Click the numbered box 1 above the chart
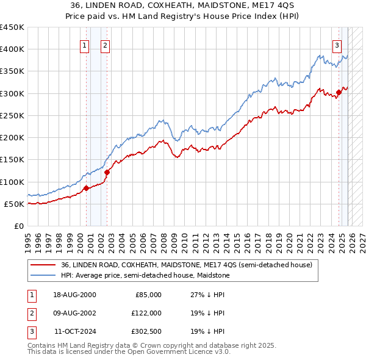pyautogui.click(x=85, y=45)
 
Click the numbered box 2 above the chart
pyautogui.click(x=106, y=45)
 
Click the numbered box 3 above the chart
pyautogui.click(x=337, y=45)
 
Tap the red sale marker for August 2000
pyautogui.click(x=86, y=188)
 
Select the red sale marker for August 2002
pyautogui.click(x=107, y=172)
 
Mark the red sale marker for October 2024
pyautogui.click(x=339, y=92)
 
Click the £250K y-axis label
pyautogui.click(x=12, y=115)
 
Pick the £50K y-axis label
pyautogui.click(x=14, y=204)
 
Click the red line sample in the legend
pyautogui.click(x=42, y=265)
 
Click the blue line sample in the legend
pyautogui.click(x=42, y=276)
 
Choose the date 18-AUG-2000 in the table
pyautogui.click(x=74, y=294)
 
